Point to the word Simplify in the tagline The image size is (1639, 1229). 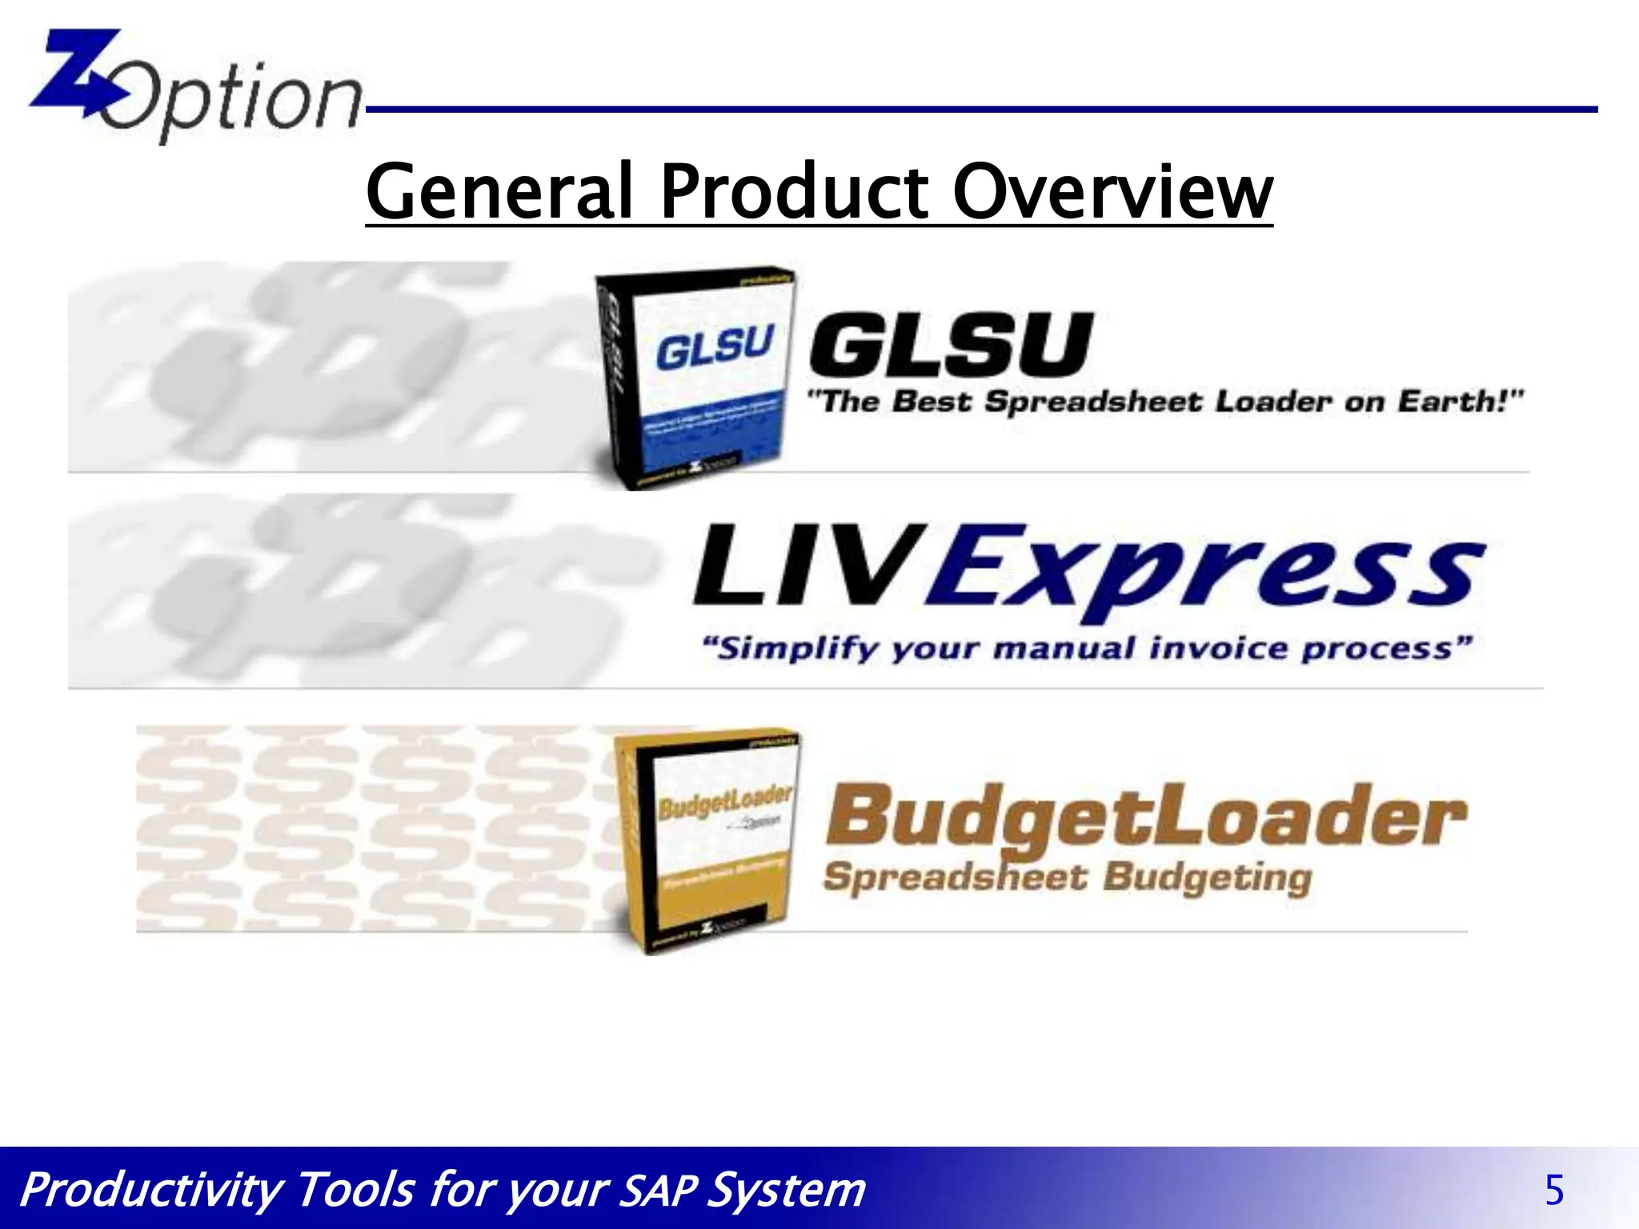[792, 648]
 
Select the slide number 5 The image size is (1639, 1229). [1553, 1191]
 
